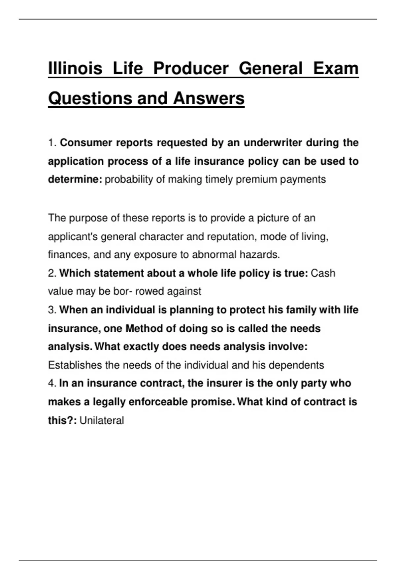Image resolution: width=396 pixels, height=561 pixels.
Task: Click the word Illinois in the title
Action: pos(75,68)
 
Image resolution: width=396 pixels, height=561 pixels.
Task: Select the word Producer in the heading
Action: pos(191,68)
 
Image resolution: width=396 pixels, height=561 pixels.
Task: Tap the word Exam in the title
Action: pos(336,68)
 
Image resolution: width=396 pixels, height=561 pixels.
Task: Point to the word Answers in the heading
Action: pos(209,98)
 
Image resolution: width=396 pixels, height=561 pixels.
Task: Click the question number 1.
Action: pos(52,143)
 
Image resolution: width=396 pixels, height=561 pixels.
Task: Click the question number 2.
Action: pos(52,273)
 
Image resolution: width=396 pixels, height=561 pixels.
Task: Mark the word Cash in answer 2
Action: pos(323,273)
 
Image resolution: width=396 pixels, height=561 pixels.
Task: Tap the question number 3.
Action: pos(52,310)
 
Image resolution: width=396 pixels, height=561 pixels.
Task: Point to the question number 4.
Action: pos(52,383)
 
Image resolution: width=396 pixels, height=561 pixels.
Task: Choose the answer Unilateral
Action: pos(102,420)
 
